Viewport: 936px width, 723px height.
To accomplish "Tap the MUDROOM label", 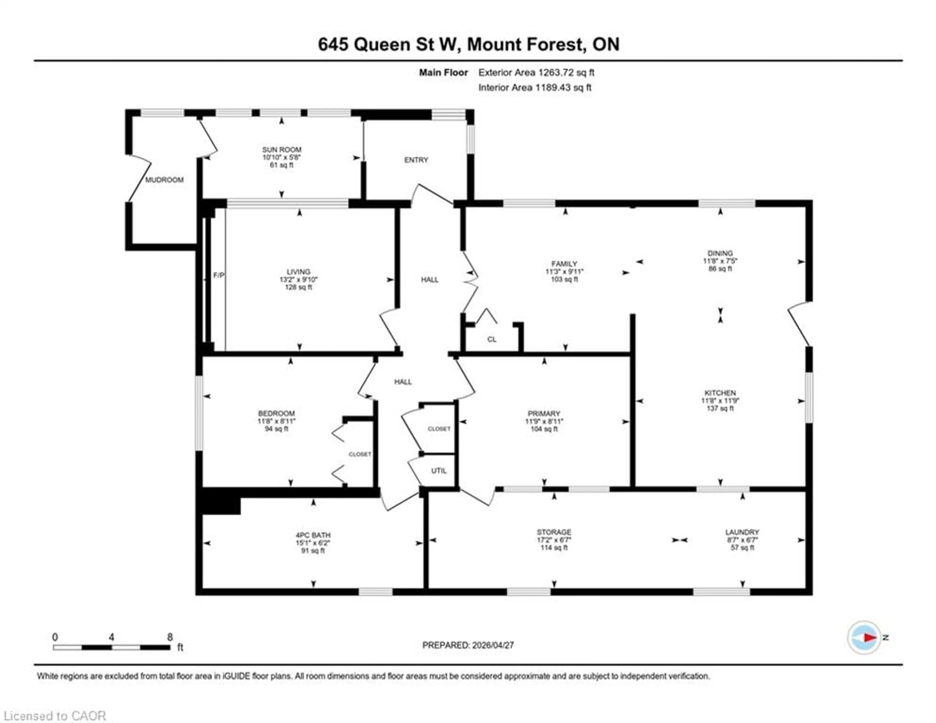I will coord(164,180).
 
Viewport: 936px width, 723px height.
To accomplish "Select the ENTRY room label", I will coord(416,160).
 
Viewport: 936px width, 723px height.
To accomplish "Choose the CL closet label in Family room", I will coord(492,339).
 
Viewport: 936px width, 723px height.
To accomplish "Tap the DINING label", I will coord(720,253).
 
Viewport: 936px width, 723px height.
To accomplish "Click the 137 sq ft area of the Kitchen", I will coord(720,408).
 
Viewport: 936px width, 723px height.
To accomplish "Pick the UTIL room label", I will coord(439,471).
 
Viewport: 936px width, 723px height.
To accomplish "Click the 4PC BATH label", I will coord(313,535).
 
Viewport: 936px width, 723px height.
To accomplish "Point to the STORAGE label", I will coord(554,532).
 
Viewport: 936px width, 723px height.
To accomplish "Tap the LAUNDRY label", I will coord(742,532).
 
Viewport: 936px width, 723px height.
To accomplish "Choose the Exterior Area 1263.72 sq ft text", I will coord(536,72).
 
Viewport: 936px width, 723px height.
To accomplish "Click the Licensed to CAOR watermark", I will coord(54,716).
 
